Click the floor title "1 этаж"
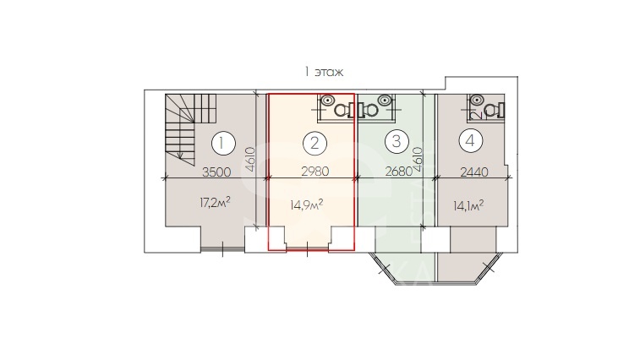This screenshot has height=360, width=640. [x=324, y=72]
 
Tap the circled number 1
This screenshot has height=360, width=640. [x=223, y=144]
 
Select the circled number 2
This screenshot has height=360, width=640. [x=315, y=144]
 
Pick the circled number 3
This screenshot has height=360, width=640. [x=397, y=141]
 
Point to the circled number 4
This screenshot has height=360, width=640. [x=470, y=141]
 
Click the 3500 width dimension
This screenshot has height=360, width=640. [x=216, y=172]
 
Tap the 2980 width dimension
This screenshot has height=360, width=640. [x=315, y=172]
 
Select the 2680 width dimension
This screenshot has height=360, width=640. [x=399, y=172]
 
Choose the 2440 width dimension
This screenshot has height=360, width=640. [x=474, y=172]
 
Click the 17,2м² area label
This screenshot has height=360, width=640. [x=215, y=202]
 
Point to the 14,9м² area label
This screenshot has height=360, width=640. [x=307, y=204]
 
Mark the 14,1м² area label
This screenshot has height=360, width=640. [x=468, y=205]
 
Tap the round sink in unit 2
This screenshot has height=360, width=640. [x=327, y=100]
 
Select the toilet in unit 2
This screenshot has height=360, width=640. [x=344, y=109]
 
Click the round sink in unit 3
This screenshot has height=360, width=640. [x=384, y=100]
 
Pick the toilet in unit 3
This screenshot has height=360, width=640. [x=368, y=109]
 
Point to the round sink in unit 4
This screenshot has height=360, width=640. [x=476, y=100]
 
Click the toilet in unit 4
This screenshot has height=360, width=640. [x=495, y=110]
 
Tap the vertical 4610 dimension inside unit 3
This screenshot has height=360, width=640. [x=418, y=161]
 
